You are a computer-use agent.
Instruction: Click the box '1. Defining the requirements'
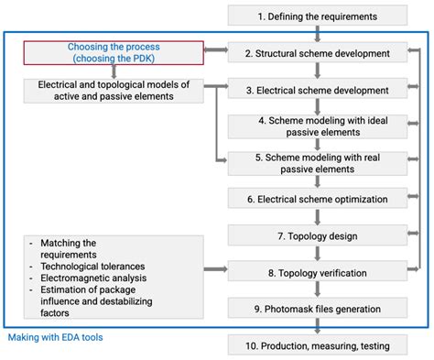[317, 16]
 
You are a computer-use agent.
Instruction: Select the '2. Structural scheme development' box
[317, 53]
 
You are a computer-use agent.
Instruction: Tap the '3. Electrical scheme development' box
[317, 90]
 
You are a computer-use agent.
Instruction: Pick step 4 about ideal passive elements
[317, 125]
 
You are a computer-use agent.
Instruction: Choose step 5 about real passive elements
[317, 162]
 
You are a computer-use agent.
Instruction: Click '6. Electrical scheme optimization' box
[317, 199]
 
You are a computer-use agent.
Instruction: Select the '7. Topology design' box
[317, 235]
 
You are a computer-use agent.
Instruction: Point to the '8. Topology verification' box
[317, 271]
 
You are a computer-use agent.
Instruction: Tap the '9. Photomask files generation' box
[317, 308]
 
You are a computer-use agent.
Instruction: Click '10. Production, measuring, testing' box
[317, 344]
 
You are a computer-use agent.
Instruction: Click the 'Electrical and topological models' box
[114, 90]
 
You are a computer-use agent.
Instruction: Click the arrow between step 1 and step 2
[317, 34]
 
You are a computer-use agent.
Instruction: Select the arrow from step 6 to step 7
[317, 217]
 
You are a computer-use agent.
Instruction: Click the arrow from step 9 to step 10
[317, 326]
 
